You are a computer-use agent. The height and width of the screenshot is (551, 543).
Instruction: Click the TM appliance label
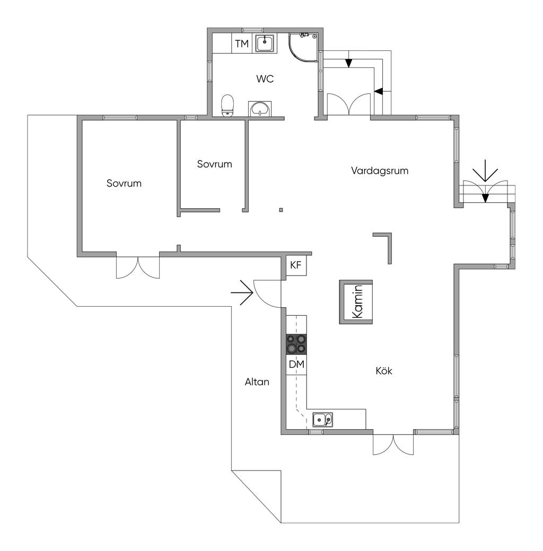pos(242,43)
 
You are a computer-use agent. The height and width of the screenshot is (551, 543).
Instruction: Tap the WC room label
pos(265,79)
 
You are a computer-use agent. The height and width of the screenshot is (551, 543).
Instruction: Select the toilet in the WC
pos(227,105)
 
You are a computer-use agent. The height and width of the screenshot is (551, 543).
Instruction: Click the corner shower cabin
pos(303,47)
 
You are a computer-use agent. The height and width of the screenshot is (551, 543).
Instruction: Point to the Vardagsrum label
pos(380,171)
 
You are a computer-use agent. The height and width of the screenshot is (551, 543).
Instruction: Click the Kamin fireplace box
pos(356,302)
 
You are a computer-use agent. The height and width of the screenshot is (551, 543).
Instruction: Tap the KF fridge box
pos(296,265)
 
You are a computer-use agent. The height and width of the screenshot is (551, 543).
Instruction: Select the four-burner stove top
pos(296,344)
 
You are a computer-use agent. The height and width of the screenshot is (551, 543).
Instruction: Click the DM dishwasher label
pos(296,365)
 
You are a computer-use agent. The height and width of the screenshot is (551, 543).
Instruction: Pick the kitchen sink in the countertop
pos(323,419)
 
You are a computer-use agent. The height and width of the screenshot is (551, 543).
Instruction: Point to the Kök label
pos(384,371)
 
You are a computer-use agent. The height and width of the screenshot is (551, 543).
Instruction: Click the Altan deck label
pos(257,382)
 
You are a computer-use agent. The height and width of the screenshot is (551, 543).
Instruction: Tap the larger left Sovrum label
pos(124,183)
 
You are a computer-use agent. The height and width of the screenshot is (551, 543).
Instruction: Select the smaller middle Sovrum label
pos(215,164)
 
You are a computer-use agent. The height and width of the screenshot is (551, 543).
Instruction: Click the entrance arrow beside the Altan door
pos(242,292)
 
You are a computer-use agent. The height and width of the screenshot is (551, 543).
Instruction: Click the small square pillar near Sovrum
pos(281,210)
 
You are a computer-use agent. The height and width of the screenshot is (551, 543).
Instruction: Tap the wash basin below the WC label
pos(260,109)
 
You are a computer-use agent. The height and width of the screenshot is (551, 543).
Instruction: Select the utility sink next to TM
pos(265,43)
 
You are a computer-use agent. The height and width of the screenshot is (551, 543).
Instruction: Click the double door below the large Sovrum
pos(138,268)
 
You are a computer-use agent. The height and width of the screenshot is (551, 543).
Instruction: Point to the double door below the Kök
pos(393,445)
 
